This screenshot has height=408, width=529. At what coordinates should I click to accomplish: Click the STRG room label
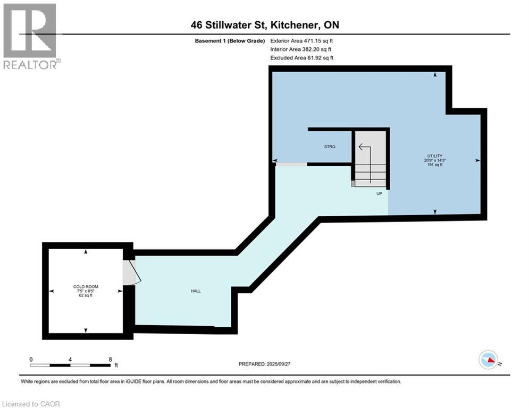330,147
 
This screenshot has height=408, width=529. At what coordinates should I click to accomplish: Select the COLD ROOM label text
86,286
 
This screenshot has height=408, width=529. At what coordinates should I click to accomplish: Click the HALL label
195,291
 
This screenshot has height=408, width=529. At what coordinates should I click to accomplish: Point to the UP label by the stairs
379,193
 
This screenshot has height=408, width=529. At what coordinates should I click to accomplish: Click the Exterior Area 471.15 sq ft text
302,40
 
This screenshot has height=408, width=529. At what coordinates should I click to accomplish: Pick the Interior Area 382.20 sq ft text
301,49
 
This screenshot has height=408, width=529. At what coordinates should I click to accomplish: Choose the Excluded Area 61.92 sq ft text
302,57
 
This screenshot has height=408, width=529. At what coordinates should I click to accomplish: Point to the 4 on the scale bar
70,359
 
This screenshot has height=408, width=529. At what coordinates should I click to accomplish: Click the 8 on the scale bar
110,359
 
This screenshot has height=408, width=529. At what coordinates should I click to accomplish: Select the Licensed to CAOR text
31,404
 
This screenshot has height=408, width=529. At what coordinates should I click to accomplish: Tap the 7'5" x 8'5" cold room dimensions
86,291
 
